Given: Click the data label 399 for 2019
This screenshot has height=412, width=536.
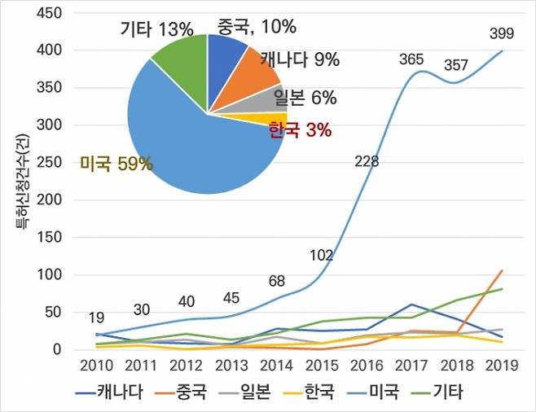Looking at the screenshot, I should [x=500, y=33].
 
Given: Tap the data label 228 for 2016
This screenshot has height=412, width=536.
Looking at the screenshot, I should [x=367, y=161].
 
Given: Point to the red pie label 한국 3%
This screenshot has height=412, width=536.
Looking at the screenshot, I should [x=299, y=130].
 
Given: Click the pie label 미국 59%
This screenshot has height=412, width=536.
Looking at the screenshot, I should [x=116, y=164].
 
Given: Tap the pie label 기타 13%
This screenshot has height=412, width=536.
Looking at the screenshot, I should [x=156, y=30].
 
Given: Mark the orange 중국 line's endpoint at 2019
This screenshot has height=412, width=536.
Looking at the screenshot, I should [x=501, y=270].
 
